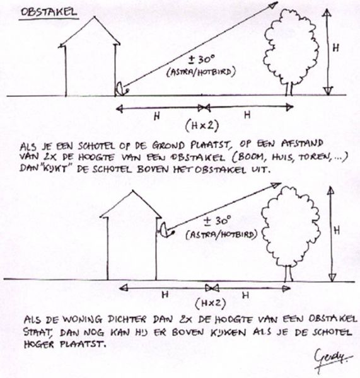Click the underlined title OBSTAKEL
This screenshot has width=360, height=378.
[49, 13]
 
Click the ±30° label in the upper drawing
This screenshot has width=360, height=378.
[202, 60]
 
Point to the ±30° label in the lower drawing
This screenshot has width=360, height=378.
[218, 220]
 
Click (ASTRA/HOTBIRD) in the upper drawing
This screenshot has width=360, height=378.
[200, 72]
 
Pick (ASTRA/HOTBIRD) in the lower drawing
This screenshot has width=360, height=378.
[221, 234]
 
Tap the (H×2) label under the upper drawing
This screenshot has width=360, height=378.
[202, 125]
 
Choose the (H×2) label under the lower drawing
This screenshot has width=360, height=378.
[211, 304]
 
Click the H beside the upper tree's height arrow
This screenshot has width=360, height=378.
[335, 49]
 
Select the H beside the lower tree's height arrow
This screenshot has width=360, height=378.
[337, 231]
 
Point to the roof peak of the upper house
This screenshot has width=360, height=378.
[95, 17]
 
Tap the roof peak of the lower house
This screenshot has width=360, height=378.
[132, 192]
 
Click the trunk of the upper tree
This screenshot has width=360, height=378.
[289, 89]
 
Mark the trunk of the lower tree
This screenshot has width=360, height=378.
[289, 273]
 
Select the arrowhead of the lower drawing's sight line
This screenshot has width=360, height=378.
[276, 185]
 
